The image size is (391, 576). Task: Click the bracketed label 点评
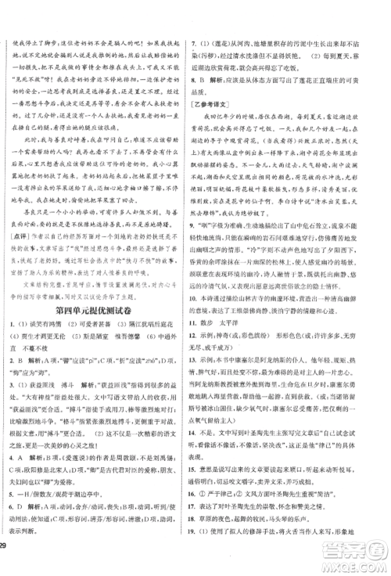[x=16, y=232]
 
